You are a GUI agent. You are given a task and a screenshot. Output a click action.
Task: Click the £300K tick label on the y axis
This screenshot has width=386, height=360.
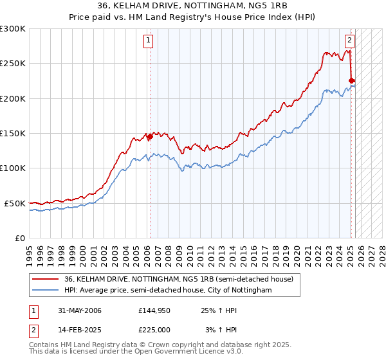(13, 29)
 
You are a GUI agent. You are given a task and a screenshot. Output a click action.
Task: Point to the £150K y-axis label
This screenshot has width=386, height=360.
(13, 133)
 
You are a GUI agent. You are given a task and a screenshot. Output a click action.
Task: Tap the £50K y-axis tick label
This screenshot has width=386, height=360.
(15, 203)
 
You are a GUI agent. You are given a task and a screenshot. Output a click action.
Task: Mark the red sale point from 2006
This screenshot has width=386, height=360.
(150, 136)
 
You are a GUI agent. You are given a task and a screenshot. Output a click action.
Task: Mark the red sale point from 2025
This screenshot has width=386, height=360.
(351, 80)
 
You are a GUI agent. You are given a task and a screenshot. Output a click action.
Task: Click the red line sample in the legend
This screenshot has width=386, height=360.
(46, 279)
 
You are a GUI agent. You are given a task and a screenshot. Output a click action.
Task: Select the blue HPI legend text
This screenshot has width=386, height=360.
(168, 291)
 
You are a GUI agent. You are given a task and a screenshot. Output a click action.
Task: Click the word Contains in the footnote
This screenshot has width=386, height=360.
(44, 345)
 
